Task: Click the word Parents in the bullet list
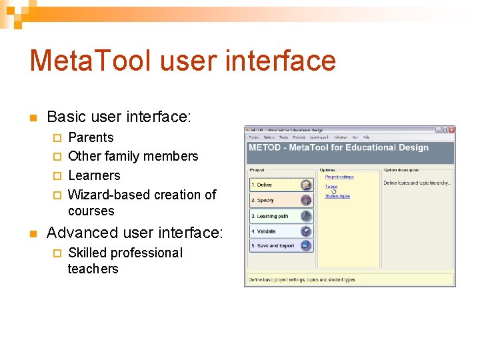point(91,138)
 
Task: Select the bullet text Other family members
point(133,157)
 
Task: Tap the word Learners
point(94,176)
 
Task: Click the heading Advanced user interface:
point(135,233)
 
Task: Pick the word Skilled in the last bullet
point(91,253)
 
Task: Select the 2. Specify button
point(281,200)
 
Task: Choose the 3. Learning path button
point(281,216)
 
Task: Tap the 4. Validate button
point(281,231)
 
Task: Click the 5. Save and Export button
point(281,246)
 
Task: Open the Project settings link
point(339,177)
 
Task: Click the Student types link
point(337,196)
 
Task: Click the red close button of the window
point(452,130)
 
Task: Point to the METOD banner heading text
point(338,147)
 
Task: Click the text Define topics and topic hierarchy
point(417,183)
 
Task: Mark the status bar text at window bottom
point(302,280)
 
